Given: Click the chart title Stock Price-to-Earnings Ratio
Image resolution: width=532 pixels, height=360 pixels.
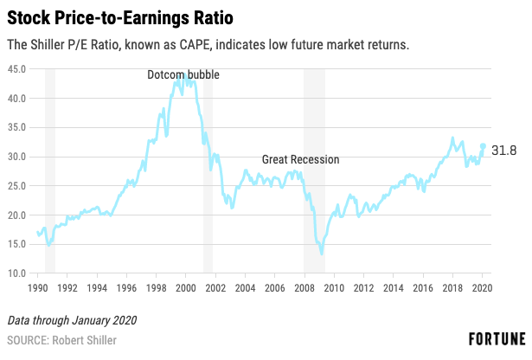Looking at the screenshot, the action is click(120, 18).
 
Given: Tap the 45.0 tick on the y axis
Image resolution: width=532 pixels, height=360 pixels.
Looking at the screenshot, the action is click(17, 69).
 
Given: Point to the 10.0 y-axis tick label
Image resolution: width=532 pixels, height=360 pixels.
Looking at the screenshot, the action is click(17, 273).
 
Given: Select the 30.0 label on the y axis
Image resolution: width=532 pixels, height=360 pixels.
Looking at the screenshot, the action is click(17, 157).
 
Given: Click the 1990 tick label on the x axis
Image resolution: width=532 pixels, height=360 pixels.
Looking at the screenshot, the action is click(37, 288).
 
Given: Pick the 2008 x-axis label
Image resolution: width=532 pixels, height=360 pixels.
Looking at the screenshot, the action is click(304, 288).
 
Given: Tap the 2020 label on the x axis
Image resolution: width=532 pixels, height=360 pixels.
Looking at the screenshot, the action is click(482, 288).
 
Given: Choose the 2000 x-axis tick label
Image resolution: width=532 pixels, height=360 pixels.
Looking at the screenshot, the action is click(186, 288).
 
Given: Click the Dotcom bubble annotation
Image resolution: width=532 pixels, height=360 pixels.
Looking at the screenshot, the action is click(183, 74).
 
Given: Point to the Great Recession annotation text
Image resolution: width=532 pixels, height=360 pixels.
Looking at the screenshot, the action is click(301, 159).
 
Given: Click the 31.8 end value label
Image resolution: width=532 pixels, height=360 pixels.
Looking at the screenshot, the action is click(503, 151).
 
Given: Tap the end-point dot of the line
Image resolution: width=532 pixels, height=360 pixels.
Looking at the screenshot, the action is click(483, 146).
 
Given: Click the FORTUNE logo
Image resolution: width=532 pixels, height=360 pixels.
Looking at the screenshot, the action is click(497, 339).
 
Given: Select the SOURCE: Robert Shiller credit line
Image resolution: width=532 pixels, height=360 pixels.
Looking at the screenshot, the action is click(61, 340).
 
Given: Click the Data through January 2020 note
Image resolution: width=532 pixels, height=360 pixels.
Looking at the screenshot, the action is click(72, 320).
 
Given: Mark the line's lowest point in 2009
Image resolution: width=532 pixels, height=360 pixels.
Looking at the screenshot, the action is click(321, 253).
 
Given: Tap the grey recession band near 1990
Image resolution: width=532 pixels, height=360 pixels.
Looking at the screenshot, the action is click(50, 171).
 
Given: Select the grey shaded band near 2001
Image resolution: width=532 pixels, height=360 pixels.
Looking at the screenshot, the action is click(208, 171).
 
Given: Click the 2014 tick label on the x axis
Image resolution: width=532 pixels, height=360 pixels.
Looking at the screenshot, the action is click(394, 288).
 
